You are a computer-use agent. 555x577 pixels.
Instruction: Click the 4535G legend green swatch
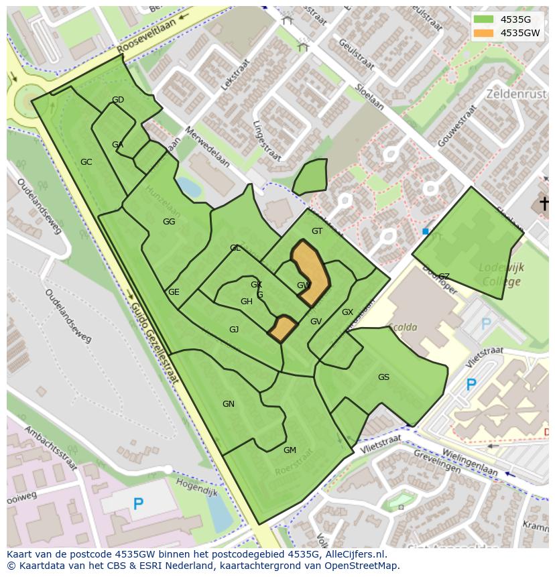coord(483,19)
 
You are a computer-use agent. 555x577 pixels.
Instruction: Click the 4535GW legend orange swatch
coord(483,33)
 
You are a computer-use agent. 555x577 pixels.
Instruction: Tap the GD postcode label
coord(118,100)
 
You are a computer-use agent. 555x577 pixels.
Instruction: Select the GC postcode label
coord(86,162)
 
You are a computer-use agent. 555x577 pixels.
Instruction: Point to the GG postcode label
coord(169,222)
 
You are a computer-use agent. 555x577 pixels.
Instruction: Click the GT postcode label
coord(317,231)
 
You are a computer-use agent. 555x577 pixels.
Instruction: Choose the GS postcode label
coord(383,377)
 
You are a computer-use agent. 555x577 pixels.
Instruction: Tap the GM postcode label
coord(290,450)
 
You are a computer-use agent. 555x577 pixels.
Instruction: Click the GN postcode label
coord(229,404)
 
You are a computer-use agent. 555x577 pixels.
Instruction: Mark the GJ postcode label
coord(234,330)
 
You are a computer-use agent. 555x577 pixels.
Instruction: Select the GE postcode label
coord(174,292)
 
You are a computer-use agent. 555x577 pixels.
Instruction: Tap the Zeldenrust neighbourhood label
coord(516,94)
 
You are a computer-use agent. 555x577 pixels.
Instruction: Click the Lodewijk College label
coord(501,274)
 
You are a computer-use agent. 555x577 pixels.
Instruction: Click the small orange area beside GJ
coord(282,329)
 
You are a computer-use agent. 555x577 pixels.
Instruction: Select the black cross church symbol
coord(544,202)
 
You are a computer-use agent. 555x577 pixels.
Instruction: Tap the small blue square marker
coord(425,232)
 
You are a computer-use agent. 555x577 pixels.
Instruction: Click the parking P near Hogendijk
coord(138,503)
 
